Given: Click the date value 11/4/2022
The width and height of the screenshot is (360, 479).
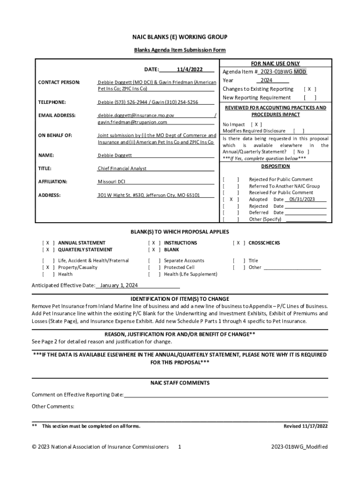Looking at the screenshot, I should click(x=189, y=69).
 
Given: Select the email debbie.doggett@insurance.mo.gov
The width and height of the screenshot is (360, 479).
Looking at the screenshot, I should click(x=136, y=115).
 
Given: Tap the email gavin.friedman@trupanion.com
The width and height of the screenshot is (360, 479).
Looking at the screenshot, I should click(x=132, y=122).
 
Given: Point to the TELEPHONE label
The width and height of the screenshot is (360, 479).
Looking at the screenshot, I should click(x=51, y=102).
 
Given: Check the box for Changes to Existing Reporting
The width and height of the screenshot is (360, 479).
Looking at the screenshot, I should click(x=310, y=89).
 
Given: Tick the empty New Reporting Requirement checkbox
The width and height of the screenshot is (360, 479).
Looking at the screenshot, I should click(x=310, y=98).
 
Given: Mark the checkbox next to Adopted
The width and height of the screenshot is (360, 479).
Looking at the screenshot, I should click(x=231, y=199).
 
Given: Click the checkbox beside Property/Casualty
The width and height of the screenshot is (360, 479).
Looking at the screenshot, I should click(x=48, y=268).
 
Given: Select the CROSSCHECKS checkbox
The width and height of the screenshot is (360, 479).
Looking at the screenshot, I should click(x=238, y=243).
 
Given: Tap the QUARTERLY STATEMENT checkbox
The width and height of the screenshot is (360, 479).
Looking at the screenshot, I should click(x=48, y=250).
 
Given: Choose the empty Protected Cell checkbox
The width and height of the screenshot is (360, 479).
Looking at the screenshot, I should click(x=154, y=268).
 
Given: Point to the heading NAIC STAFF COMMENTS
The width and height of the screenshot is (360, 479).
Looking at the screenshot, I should click(x=180, y=383).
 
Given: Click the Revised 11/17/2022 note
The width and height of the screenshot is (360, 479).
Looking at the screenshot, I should click(x=306, y=426).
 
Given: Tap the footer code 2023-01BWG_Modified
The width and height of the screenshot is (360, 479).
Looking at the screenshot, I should click(x=299, y=447).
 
